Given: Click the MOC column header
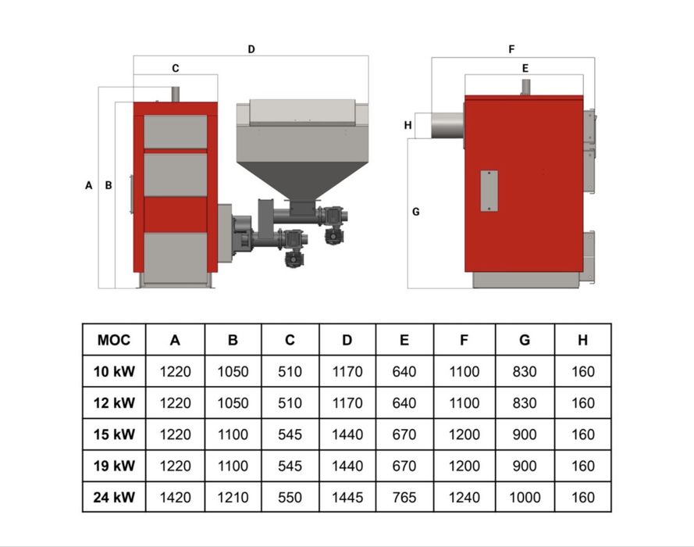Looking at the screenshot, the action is [x=114, y=340].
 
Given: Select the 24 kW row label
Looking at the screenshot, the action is [x=114, y=497].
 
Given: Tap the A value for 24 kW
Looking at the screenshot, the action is [x=176, y=497].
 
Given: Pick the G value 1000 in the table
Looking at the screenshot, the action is [x=525, y=497].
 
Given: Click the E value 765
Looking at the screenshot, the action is [x=404, y=497].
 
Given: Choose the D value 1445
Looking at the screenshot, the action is [x=347, y=497].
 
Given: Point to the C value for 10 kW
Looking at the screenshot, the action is [x=290, y=371].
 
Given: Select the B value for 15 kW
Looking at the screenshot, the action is [x=233, y=434].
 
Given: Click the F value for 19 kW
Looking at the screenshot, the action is [x=464, y=466].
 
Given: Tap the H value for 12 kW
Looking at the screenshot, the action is [x=583, y=402].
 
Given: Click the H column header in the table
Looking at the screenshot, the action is [x=583, y=340].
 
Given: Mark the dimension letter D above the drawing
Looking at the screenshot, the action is [x=251, y=49].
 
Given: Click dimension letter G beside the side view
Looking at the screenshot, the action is [x=415, y=212].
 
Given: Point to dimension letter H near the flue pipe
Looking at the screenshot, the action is [x=408, y=125].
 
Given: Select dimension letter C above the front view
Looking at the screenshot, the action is [x=176, y=68].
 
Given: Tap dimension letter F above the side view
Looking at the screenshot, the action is [x=511, y=49].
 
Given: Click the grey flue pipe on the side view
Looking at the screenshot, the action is [x=447, y=125].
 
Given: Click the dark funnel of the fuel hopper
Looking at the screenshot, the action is [x=303, y=181].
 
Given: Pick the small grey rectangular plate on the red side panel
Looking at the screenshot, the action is [x=489, y=191].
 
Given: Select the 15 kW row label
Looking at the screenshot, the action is [x=114, y=434].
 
